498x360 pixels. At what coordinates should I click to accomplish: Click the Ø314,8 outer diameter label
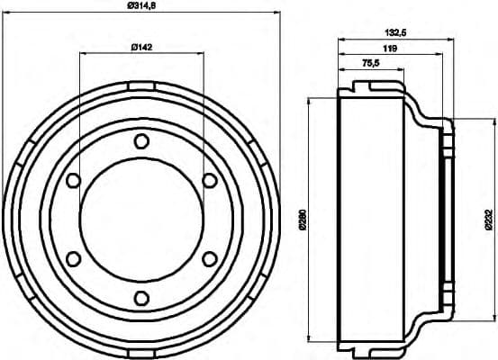[x=140, y=9]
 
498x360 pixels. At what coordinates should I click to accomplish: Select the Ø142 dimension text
[x=140, y=47]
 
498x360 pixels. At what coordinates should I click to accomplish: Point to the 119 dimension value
[x=392, y=48]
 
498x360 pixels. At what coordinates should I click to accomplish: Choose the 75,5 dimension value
[x=369, y=64]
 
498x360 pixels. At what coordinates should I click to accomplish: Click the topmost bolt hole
[x=140, y=140]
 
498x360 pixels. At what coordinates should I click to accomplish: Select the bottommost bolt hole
[x=140, y=299]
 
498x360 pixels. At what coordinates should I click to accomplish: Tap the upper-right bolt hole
[x=209, y=180]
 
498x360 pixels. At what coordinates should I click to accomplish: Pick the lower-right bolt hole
[x=209, y=259]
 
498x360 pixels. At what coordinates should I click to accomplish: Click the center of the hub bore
[x=140, y=220]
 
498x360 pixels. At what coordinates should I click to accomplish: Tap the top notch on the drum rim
[x=140, y=85]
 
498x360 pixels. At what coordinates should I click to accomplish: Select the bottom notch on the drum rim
[x=140, y=353]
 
